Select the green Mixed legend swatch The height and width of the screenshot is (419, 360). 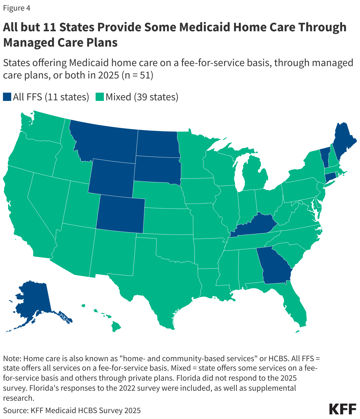pyautogui.click(x=100, y=97)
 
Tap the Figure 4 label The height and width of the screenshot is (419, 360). pyautogui.click(x=17, y=8)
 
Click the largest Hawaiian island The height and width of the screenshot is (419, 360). pyautogui.click(x=116, y=326)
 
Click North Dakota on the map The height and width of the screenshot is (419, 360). pyautogui.click(x=158, y=143)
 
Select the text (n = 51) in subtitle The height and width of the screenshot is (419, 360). pyautogui.click(x=137, y=75)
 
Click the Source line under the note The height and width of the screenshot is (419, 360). pyautogui.click(x=72, y=410)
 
